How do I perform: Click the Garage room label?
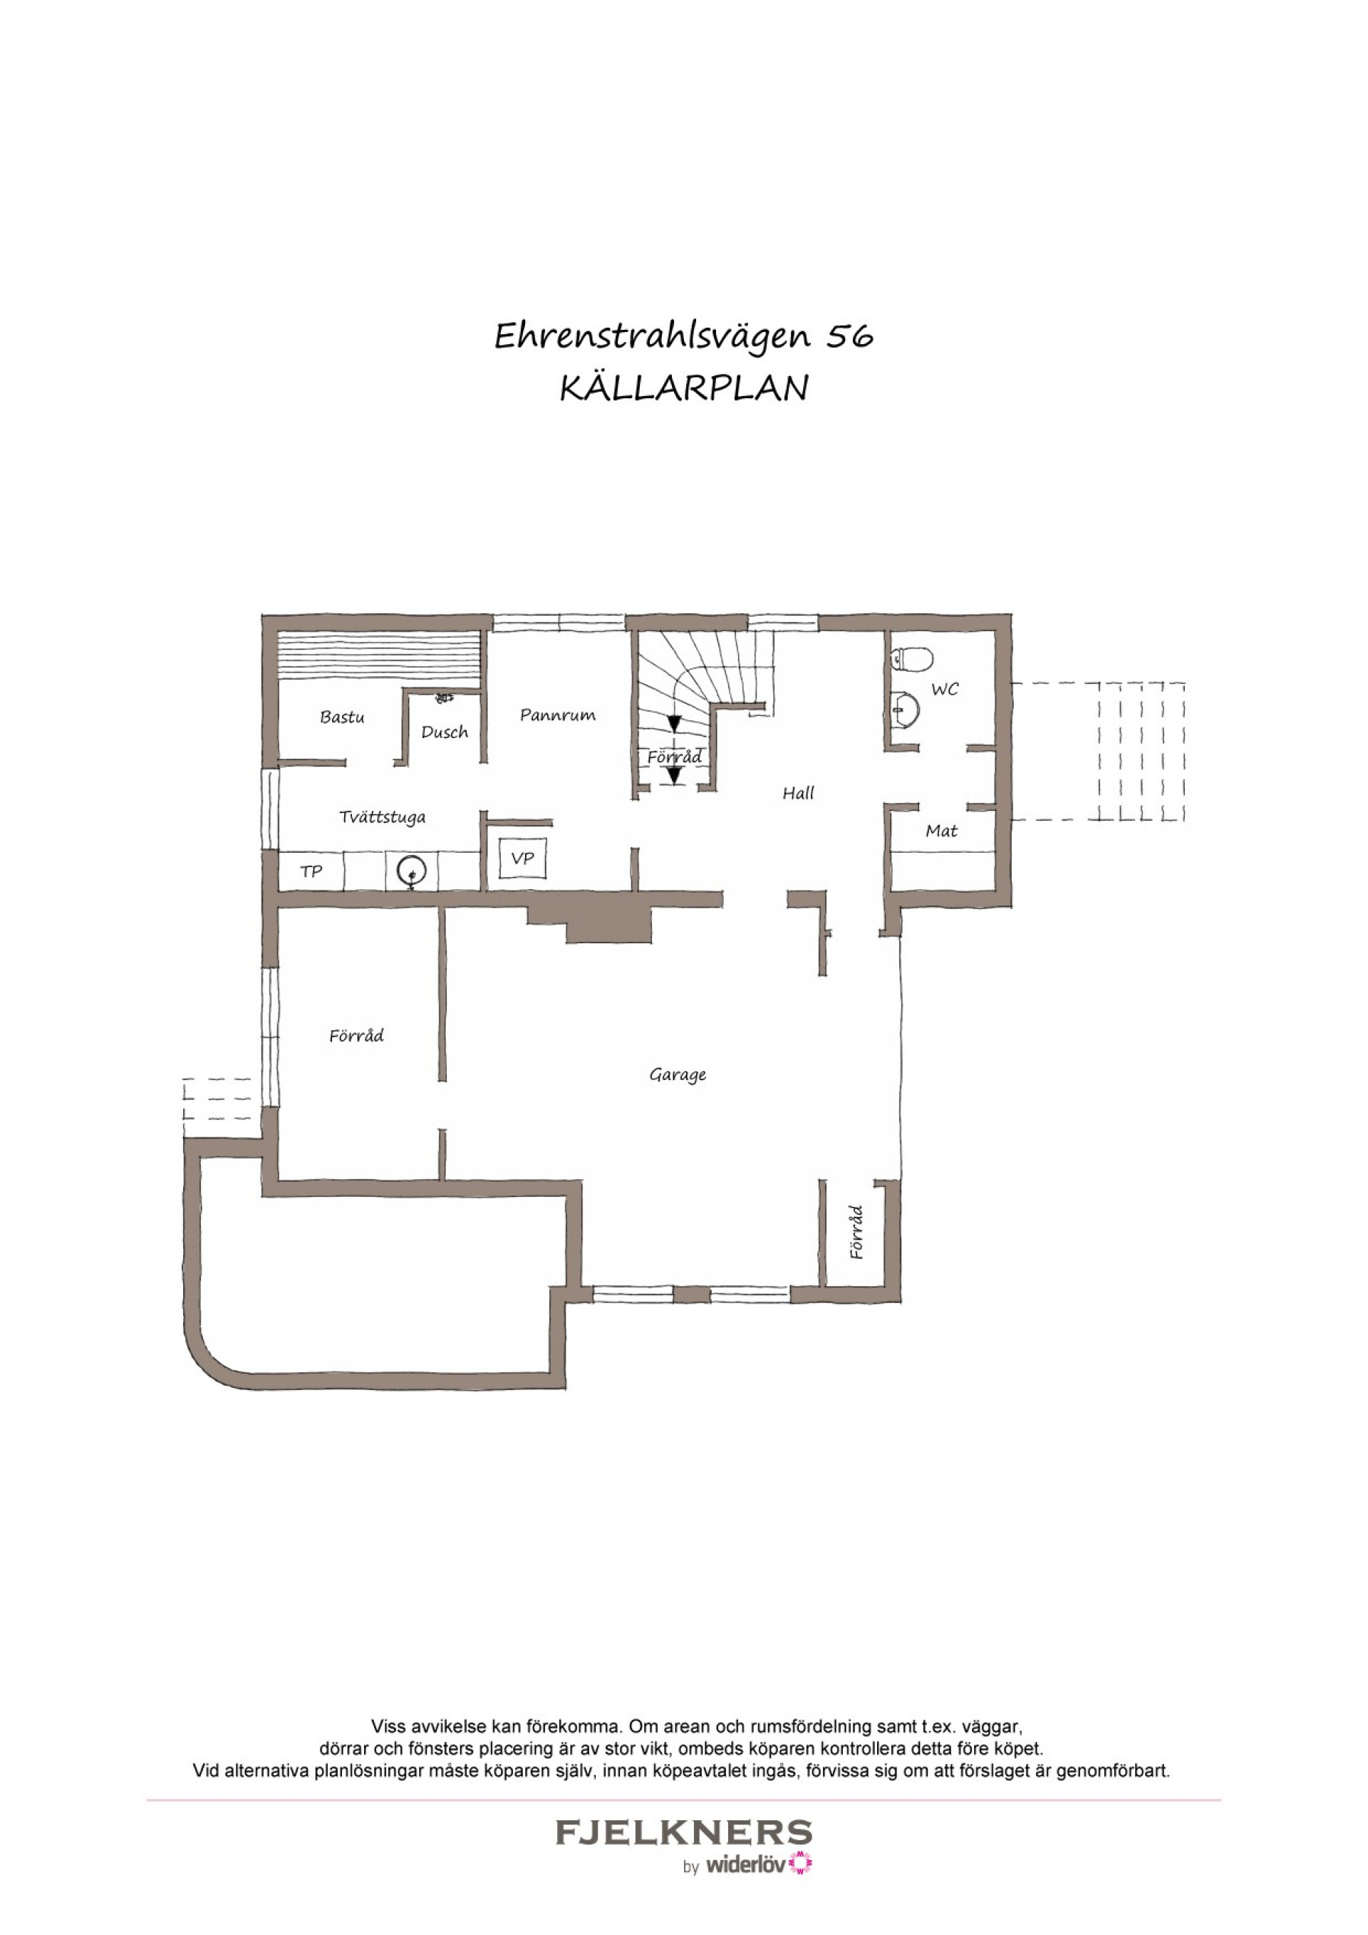pyautogui.click(x=678, y=1075)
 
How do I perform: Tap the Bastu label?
pyautogui.click(x=342, y=717)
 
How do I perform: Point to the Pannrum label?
pyautogui.click(x=557, y=715)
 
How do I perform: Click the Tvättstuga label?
pyautogui.click(x=383, y=816)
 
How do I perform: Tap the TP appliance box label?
pyautogui.click(x=312, y=871)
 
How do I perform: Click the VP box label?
pyautogui.click(x=522, y=858)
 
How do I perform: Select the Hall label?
pyautogui.click(x=798, y=793)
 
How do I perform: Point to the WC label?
pyautogui.click(x=945, y=690)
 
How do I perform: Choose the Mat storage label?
pyautogui.click(x=941, y=831)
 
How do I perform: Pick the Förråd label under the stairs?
pyautogui.click(x=674, y=757)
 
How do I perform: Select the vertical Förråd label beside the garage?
pyautogui.click(x=857, y=1232)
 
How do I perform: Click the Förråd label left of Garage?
pyautogui.click(x=356, y=1036)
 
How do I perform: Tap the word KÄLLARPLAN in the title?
pyautogui.click(x=685, y=388)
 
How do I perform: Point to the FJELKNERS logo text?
pyautogui.click(x=683, y=1835)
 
